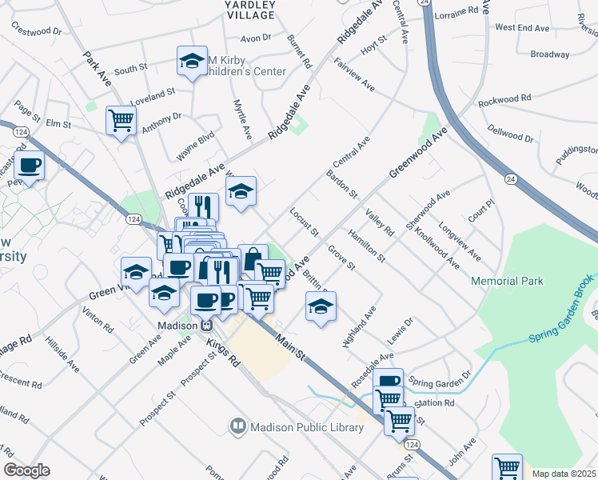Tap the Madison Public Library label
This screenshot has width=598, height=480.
click(307, 427)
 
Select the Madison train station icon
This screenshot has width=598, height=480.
click(205, 326)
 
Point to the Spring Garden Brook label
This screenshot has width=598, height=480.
click(561, 310)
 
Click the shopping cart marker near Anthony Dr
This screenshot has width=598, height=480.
click(121, 120)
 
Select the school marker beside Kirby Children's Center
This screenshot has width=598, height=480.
click(192, 61)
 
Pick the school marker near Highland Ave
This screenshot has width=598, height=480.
click(321, 306)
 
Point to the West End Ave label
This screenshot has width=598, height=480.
click(523, 27)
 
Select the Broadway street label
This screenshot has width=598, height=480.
click(549, 54)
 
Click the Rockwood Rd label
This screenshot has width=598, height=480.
click(504, 101)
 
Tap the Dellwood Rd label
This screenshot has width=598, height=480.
click(508, 128)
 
